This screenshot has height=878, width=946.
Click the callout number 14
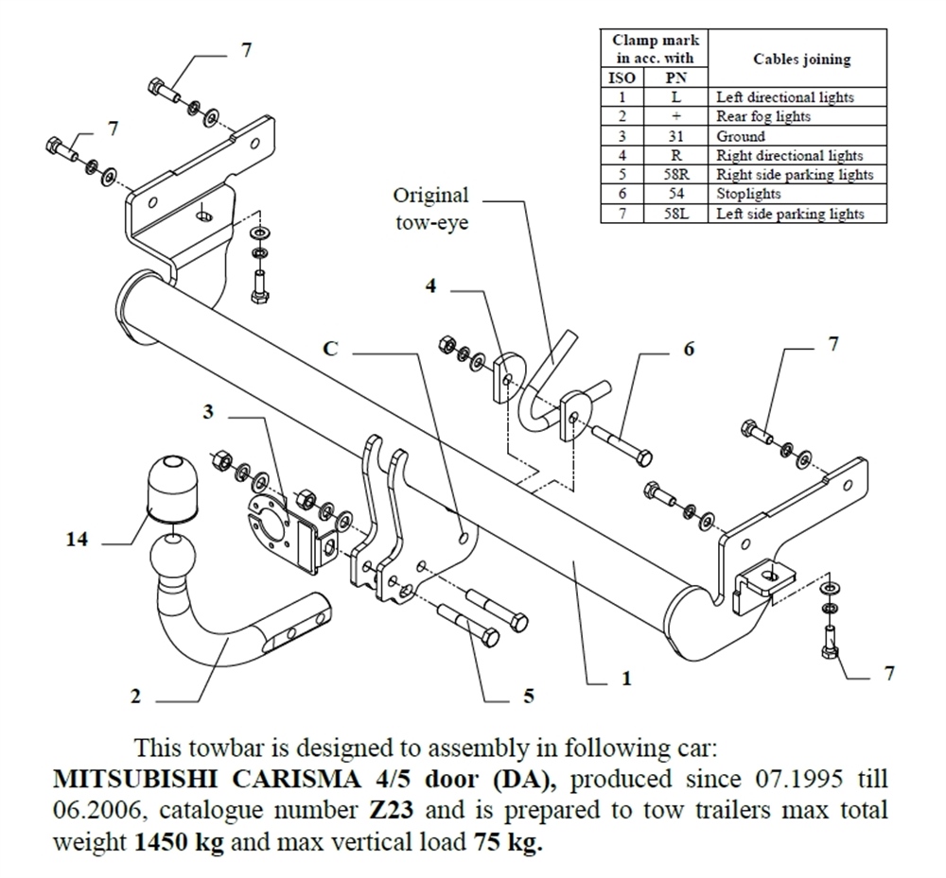coord(78,541)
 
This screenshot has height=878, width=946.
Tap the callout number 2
coord(135,697)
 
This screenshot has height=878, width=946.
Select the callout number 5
coord(528,697)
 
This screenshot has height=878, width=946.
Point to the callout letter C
coord(330,348)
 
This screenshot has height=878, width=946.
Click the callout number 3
coord(207,412)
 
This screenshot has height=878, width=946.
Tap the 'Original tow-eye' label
coord(430,209)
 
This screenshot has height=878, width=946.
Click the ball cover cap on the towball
coord(171,487)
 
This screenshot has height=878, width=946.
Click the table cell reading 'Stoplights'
coord(748,194)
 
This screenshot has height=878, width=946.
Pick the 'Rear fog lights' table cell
coord(762,116)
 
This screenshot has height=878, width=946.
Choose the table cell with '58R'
coord(677,175)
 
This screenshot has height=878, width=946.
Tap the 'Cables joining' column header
coord(800,59)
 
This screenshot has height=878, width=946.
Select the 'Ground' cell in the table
coord(741,136)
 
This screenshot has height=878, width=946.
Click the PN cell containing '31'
coord(677,136)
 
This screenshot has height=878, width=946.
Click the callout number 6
coord(689,350)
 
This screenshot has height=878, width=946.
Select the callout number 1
coord(625,678)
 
